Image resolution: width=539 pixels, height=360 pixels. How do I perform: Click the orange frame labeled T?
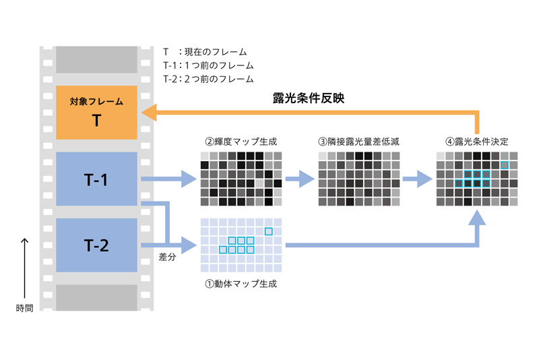tap(97, 113)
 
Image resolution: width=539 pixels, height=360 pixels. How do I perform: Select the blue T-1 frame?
tap(97, 179)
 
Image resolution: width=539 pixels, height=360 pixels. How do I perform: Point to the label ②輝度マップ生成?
tap(241, 142)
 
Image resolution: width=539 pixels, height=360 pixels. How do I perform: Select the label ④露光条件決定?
tap(477, 142)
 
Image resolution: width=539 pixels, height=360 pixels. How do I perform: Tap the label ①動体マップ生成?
tap(241, 283)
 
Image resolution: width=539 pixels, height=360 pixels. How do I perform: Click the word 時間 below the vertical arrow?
tap(25, 307)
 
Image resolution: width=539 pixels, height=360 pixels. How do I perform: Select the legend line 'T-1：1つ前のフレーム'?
tap(208, 65)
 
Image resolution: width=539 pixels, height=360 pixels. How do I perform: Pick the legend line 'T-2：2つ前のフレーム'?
tap(208, 79)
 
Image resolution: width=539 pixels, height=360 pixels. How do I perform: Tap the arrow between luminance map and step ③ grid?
tap(300, 179)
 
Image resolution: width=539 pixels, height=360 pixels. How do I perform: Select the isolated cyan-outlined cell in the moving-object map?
tap(269, 232)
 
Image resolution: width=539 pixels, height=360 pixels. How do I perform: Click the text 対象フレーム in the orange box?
tap(97, 102)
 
